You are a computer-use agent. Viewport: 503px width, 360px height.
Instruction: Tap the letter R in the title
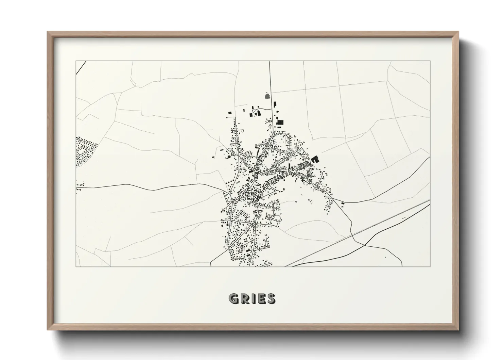245,298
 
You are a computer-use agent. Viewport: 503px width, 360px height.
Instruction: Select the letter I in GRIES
254,298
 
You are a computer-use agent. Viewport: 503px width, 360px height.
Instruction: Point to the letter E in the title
261,298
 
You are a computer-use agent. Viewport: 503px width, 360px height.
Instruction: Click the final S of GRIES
271,298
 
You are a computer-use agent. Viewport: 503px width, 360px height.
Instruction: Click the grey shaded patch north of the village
267,96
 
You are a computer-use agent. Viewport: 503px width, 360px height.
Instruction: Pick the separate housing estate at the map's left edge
85,152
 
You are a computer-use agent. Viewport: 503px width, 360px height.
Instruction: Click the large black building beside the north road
280,122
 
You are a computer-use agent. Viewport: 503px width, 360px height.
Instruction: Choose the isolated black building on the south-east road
343,203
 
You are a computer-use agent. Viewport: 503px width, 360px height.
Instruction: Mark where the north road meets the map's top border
270,61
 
